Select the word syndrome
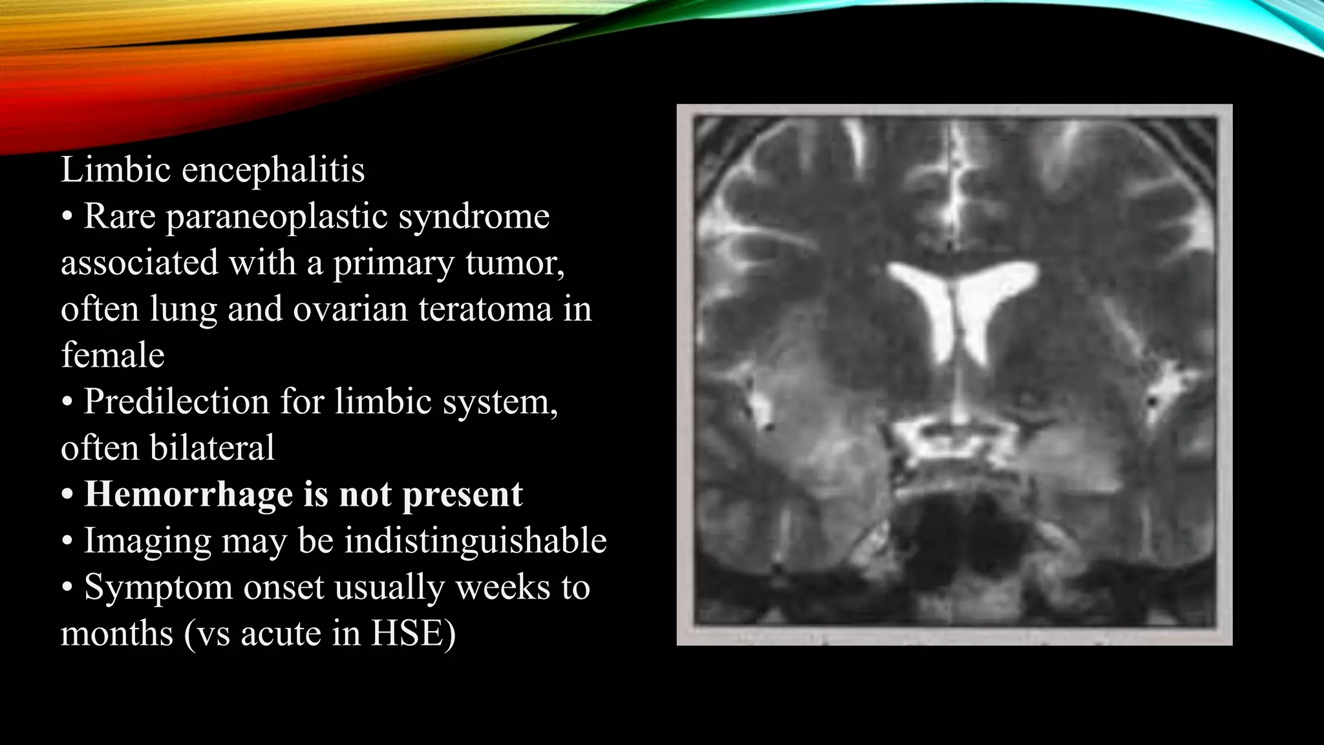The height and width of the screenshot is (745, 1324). (x=474, y=217)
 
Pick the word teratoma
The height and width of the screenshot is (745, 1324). (x=485, y=309)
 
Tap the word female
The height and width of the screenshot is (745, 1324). (x=112, y=355)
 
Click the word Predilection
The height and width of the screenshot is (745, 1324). (x=176, y=402)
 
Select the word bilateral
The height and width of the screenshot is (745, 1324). (x=212, y=448)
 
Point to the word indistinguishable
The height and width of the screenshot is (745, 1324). (x=475, y=541)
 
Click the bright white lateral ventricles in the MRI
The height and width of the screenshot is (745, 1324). (x=962, y=304)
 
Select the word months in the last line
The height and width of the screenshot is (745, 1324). (x=117, y=633)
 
